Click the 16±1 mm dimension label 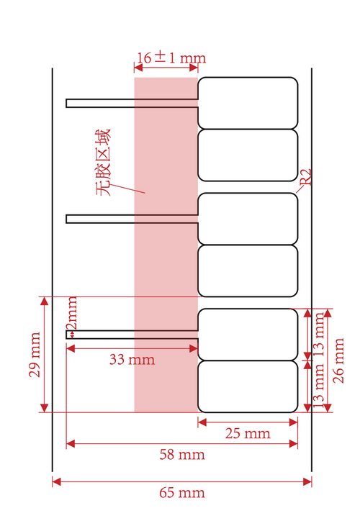[171, 58]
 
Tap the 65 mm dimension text [182, 493]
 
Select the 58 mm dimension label [182, 455]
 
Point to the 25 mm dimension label [248, 433]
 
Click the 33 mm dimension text [132, 360]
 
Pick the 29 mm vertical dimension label [35, 355]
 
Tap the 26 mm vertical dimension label [338, 361]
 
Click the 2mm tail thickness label [71, 312]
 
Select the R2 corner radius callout [305, 177]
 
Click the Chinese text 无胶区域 [104, 163]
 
